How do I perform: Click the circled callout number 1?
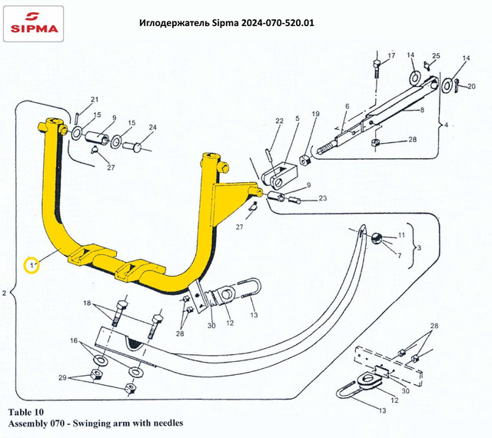point(32,265)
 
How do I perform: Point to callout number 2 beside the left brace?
point(5,294)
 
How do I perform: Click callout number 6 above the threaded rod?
point(347,106)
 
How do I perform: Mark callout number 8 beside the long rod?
point(421,110)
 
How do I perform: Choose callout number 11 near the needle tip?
point(401,234)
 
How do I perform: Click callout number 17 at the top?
point(391,57)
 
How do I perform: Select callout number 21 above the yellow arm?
point(95,100)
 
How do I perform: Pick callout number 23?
point(322,199)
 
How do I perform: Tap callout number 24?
point(152,127)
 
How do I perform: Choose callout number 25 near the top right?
point(435,57)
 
